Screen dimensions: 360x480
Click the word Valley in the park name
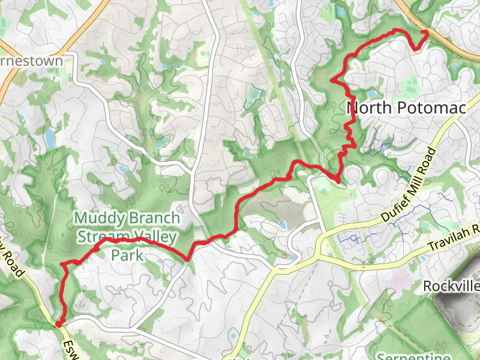pyautogui.click(x=157, y=236)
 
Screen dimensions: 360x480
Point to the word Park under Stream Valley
pyautogui.click(x=127, y=254)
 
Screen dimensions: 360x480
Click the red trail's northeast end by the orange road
pyautogui.click(x=425, y=32)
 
